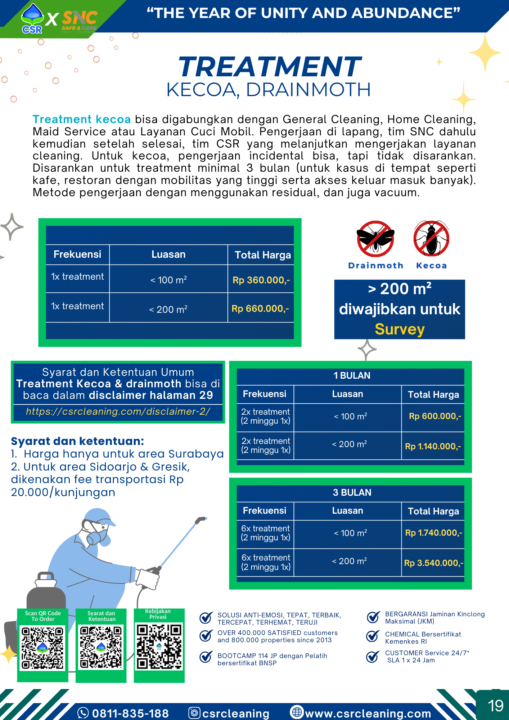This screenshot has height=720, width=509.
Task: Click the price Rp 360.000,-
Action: pos(261,280)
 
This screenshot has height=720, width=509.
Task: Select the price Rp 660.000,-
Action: pos(260,309)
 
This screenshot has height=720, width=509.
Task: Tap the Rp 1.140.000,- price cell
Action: pos(433,446)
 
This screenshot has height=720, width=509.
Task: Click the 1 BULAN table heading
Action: pos(352,375)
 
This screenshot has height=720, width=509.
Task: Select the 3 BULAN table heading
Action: pos(352,492)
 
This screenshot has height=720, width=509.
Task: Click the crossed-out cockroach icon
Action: pos(431,238)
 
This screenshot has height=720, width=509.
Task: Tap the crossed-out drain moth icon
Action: pos(375,238)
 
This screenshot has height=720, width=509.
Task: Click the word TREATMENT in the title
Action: pos(270,67)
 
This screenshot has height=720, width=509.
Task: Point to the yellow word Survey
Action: pos(400,329)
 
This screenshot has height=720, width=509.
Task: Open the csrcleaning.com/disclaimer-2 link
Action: pos(118,411)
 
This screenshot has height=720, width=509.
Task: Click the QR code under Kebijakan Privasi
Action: pos(159,647)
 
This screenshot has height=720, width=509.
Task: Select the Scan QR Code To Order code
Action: pos(42,648)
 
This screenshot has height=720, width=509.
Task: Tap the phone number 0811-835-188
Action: pos(130,713)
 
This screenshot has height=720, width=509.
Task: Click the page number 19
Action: pos(495,706)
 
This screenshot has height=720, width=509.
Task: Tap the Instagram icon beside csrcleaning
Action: pos(194,713)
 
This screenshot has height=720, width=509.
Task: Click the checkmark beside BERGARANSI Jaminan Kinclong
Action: pos(373,617)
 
